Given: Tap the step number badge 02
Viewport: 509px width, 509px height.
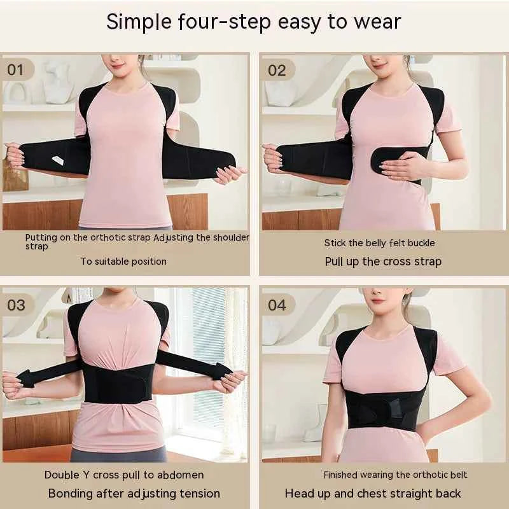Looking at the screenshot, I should [277, 70].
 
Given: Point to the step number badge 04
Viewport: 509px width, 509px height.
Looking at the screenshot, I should [277, 305].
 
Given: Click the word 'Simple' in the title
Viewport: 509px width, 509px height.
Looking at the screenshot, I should [136, 22].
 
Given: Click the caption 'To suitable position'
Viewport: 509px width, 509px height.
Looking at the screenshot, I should [123, 261].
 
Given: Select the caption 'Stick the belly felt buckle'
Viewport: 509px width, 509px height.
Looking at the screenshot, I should [379, 242].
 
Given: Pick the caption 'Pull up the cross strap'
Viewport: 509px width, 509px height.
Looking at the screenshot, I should [383, 261].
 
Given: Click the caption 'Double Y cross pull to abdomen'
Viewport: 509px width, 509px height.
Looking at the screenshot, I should [124, 475].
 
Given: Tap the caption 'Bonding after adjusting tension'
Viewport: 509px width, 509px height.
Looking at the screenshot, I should [134, 494].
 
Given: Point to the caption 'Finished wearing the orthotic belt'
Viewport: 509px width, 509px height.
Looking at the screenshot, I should [395, 475].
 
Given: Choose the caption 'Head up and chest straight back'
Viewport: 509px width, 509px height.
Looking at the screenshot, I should [373, 494].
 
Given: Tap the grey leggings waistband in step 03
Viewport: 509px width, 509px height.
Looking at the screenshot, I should [118, 453].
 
